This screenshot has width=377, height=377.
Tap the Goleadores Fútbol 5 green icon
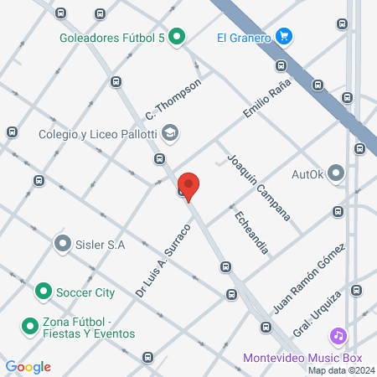(176, 36)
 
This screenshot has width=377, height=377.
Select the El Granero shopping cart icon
(284, 36)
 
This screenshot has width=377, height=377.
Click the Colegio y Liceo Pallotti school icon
(171, 132)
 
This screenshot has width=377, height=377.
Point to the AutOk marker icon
(337, 174)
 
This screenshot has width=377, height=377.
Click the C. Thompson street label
(173, 99)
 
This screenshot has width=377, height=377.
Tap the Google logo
(28, 366)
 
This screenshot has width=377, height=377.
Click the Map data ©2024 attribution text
(341, 370)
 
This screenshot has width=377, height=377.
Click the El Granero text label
(242, 37)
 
